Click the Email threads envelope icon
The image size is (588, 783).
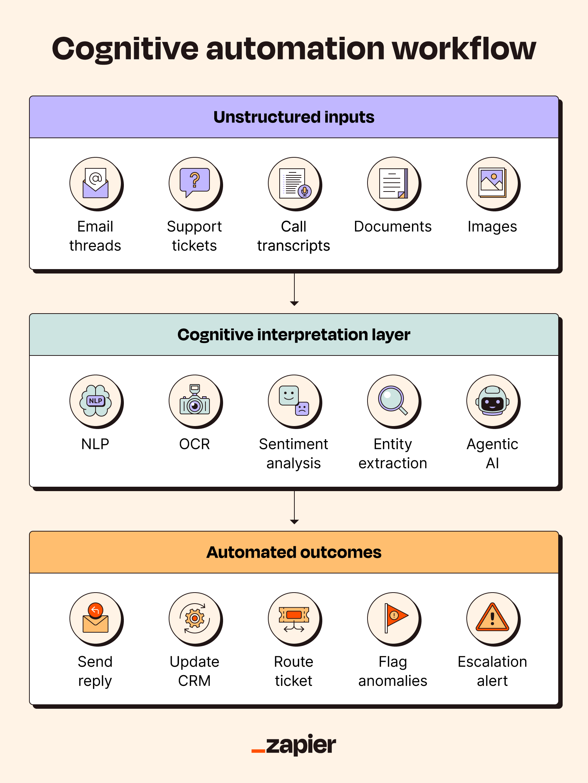[96, 183]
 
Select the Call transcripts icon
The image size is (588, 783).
[294, 183]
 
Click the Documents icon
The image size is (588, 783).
[394, 183]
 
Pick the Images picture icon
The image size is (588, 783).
[492, 183]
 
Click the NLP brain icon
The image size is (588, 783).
[96, 401]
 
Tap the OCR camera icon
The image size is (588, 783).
[195, 401]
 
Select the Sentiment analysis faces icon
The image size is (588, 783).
[294, 401]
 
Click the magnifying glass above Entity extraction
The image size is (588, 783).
[393, 400]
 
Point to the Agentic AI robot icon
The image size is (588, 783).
[492, 401]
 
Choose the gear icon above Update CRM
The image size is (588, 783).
[195, 618]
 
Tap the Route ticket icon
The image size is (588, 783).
[294, 618]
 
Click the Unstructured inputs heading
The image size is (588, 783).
[294, 117]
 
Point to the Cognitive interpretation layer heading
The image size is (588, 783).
[294, 335]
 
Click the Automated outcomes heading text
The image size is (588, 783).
[294, 553]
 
